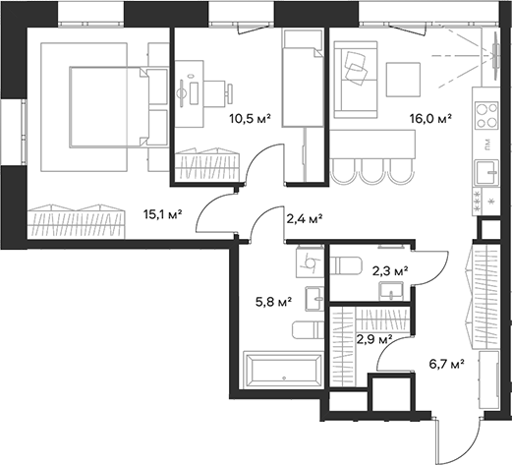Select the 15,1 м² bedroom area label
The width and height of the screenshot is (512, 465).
tap(163, 210)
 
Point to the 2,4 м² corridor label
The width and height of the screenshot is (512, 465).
tap(304, 218)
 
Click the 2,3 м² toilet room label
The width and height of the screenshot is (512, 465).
tap(389, 268)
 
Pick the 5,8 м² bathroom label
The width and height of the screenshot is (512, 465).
tap(272, 302)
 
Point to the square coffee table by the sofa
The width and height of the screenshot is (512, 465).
tap(403, 78)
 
